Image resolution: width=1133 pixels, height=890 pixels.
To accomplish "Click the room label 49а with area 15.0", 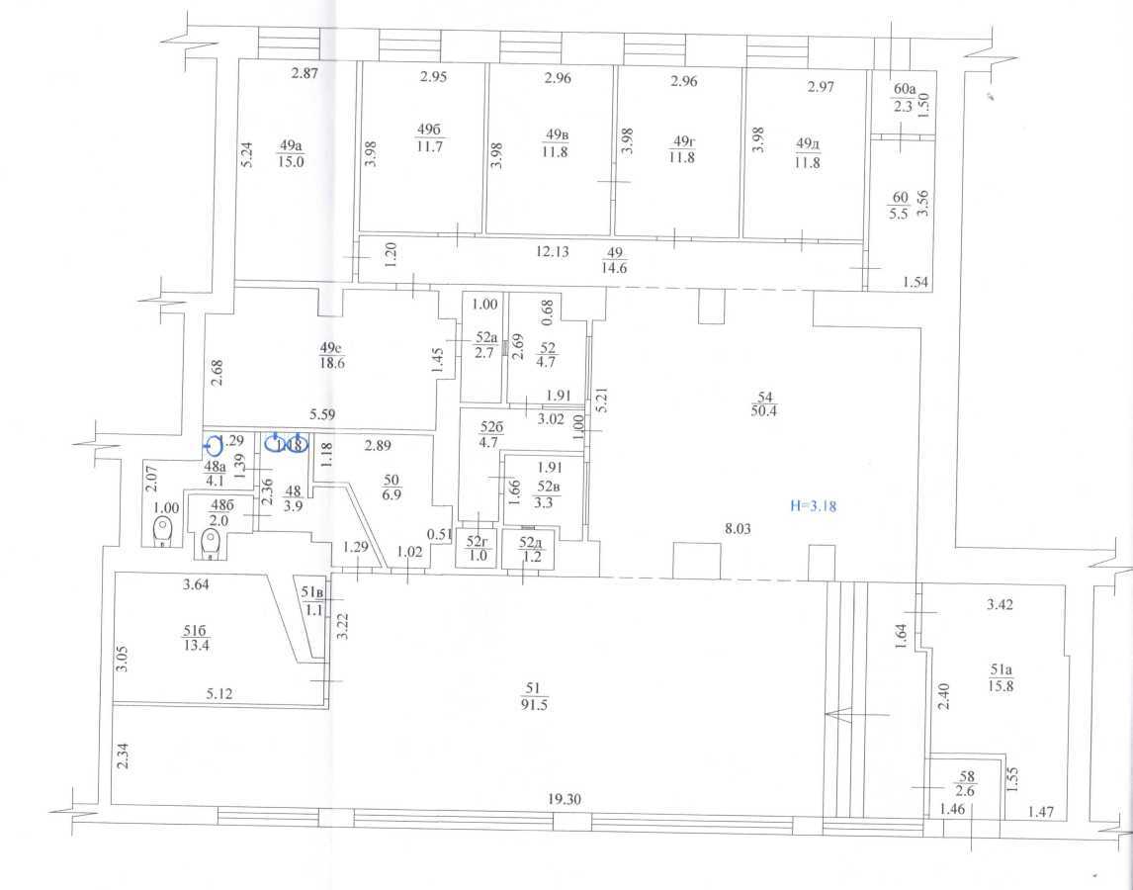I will [291, 153].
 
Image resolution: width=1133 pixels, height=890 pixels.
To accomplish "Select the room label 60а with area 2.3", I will [903, 100].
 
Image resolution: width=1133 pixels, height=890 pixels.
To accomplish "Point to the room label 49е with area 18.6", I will [330, 355].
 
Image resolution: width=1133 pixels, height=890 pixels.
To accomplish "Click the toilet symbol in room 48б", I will [209, 542].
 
